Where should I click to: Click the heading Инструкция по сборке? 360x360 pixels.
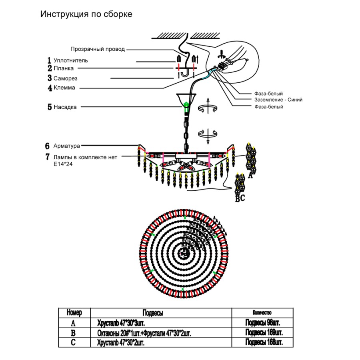(x=86, y=14)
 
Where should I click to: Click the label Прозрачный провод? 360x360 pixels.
(x=98, y=49)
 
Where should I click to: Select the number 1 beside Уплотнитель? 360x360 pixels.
(x=49, y=60)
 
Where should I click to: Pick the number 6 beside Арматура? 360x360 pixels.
(x=47, y=146)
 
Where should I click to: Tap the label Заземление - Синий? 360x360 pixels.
(x=278, y=100)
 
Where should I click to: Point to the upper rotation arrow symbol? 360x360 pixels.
(x=208, y=107)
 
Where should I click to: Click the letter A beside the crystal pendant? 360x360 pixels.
(x=251, y=175)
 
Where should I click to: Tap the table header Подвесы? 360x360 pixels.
(x=152, y=313)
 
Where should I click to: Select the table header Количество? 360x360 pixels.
(x=262, y=312)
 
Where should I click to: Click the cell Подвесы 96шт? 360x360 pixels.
(x=262, y=323)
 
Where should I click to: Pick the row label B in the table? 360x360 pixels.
(x=73, y=333)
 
